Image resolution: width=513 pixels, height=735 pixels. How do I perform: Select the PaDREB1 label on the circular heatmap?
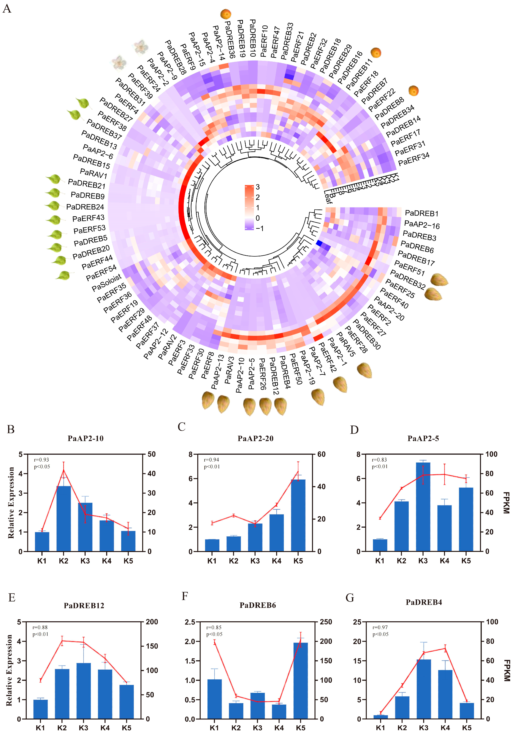pyautogui.click(x=421, y=213)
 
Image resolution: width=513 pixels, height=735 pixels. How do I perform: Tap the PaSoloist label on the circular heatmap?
pyautogui.click(x=107, y=283)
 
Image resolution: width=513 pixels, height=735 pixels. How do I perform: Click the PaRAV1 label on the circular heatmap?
pyautogui.click(x=94, y=173)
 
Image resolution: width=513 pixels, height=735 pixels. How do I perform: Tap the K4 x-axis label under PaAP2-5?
pyautogui.click(x=445, y=561)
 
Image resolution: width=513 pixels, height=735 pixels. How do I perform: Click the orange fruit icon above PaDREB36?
pyautogui.click(x=226, y=14)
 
